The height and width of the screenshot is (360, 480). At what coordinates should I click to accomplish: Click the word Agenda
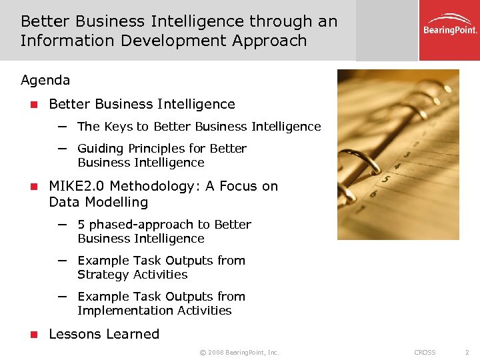pos(45,81)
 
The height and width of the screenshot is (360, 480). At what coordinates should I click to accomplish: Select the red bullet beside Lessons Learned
pos(31,335)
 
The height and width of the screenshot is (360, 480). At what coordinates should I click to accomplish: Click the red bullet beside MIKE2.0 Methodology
pos(31,187)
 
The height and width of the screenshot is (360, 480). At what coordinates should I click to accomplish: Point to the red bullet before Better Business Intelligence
pos(31,105)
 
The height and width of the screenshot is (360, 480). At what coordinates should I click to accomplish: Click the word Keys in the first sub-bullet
pos(117,127)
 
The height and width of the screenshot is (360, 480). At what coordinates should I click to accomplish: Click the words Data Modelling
pos(98,202)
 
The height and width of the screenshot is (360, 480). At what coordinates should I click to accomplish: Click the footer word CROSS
pos(425,352)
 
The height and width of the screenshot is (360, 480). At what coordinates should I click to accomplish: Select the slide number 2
pos(467,352)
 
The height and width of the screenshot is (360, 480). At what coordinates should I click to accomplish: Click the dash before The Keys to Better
pos(63,126)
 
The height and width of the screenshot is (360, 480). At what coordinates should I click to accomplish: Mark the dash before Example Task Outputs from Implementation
pos(63,296)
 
